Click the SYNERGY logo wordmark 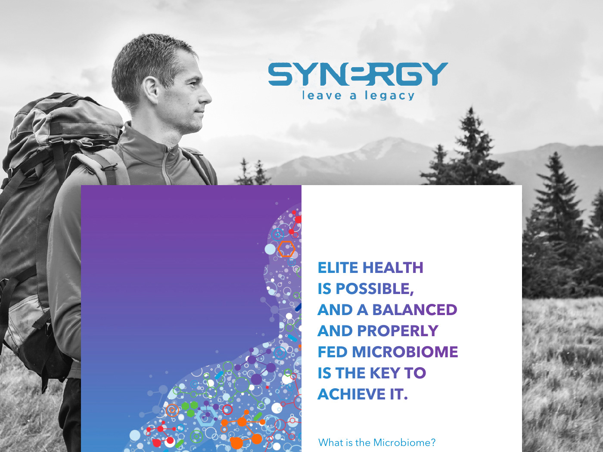358,74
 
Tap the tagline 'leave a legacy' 358,96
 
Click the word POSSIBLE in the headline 375,289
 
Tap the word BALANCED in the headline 414,310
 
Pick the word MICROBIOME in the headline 405,352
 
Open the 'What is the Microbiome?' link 377,443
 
